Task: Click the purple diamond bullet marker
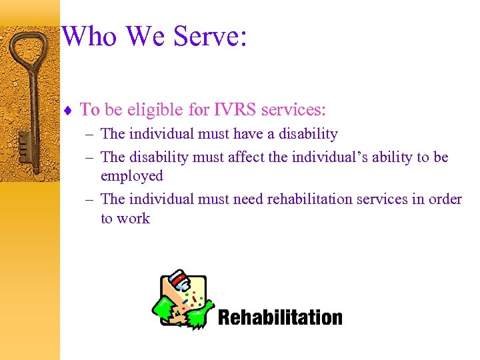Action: (x=67, y=110)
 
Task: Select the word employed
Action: (x=132, y=177)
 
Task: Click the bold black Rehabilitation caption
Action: (x=280, y=317)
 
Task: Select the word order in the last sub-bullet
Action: (x=445, y=199)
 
